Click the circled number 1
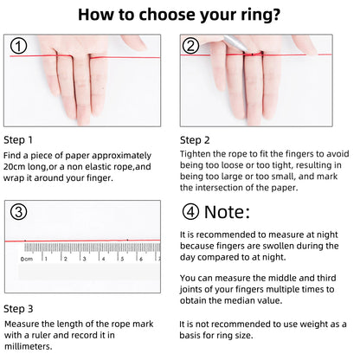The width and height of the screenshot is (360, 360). pos(19,45)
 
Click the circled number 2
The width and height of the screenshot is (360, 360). pos(191,46)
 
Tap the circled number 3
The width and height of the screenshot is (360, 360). pos(19,212)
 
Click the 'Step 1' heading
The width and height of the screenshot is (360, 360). pos(19,139)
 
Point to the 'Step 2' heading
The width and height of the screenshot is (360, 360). pos(195,139)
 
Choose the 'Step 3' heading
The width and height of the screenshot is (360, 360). pos(19,308)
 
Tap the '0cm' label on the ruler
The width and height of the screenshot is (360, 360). pos(28,259)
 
